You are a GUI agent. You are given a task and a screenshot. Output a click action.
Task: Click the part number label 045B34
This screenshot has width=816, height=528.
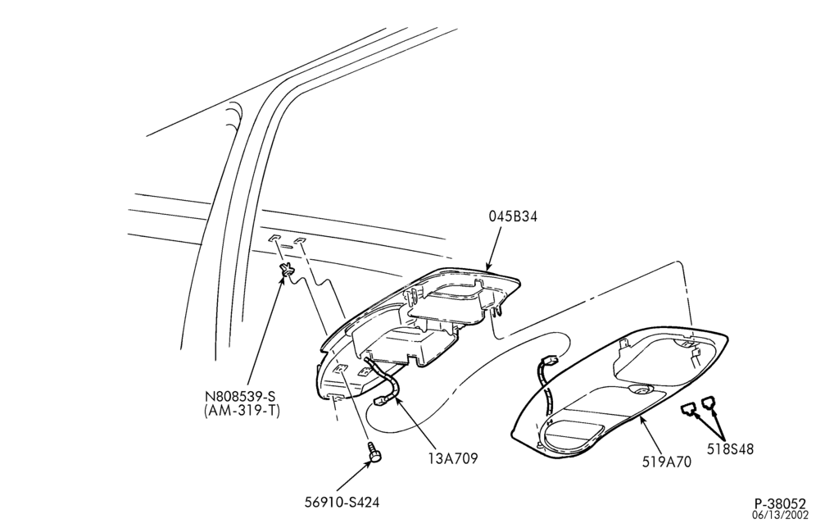coord(513,216)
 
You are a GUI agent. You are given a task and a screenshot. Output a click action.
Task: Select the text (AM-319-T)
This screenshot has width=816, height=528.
coord(242,411)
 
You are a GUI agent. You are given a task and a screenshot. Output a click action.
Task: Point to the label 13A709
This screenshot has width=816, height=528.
coord(452,458)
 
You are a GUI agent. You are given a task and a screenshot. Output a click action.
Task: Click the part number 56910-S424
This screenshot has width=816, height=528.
coord(342,503)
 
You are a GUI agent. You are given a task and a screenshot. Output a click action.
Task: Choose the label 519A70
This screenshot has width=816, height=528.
coord(667,462)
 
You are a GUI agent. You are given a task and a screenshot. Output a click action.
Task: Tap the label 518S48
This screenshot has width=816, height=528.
coord(730,448)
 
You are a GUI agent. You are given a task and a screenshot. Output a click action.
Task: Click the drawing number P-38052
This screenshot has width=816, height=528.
coord(780,504)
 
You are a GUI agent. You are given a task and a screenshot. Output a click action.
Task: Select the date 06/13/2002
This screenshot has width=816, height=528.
coord(780,516)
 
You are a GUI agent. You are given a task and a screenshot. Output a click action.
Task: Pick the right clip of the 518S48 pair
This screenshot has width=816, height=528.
coord(709,403)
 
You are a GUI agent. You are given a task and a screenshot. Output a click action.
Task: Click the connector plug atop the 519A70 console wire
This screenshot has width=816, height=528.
coord(549,360)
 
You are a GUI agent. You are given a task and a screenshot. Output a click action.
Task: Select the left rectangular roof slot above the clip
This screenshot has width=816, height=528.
coord(274,238)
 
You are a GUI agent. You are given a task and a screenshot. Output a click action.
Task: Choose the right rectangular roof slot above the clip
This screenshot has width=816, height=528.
coord(301,240)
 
